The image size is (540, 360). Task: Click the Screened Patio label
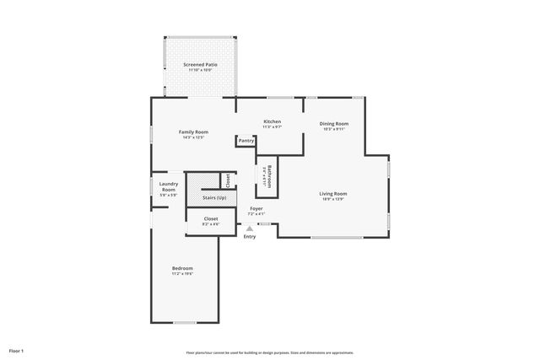tap(200, 64)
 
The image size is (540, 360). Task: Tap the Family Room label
tap(193, 132)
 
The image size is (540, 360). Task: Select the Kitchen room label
tap(272, 122)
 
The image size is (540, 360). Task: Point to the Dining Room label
tap(334, 124)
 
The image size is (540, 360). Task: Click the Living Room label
tap(333, 194)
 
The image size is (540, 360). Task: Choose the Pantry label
tap(246, 141)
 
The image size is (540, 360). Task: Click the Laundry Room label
tap(169, 187)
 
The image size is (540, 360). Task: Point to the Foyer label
tap(256, 208)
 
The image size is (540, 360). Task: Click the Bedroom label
tap(183, 268)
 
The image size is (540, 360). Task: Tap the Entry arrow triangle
tap(249, 227)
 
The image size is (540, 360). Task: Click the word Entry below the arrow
tap(250, 236)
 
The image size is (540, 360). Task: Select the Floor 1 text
tap(17, 350)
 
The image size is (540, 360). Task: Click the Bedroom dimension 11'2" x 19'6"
tap(183, 274)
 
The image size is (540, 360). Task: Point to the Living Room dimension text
tap(333, 199)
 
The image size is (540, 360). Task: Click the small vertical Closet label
tap(227, 180)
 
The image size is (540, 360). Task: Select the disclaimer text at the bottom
tap(270, 352)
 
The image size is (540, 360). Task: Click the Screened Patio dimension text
tap(200, 70)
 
